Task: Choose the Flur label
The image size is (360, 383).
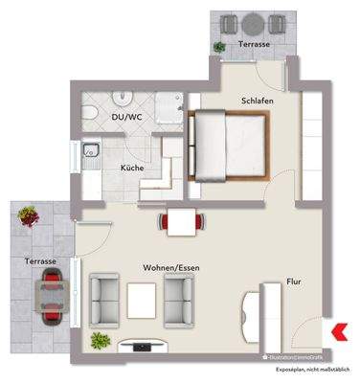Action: pyautogui.click(x=293, y=282)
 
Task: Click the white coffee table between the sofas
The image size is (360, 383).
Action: pyautogui.click(x=141, y=299)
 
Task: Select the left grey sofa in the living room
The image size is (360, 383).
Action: pyautogui.click(x=103, y=296)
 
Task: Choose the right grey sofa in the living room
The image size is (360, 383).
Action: pyautogui.click(x=179, y=296)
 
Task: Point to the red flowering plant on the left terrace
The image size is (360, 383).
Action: pyautogui.click(x=33, y=218)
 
